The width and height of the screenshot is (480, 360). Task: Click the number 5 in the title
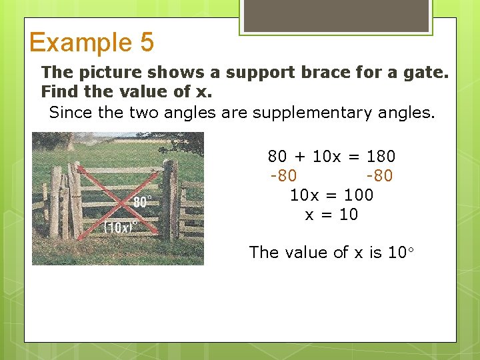click(147, 43)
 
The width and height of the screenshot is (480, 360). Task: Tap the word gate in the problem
click(425, 72)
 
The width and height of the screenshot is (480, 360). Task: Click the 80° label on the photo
click(142, 202)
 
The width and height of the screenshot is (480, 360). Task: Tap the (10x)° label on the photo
click(119, 227)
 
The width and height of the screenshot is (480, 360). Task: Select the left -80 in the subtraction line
click(283, 176)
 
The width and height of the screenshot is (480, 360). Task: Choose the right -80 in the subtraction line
click(379, 176)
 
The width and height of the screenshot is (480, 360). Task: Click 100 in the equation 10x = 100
click(359, 195)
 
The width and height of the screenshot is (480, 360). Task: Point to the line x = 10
click(331, 215)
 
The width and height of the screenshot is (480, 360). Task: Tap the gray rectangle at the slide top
click(335, 15)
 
